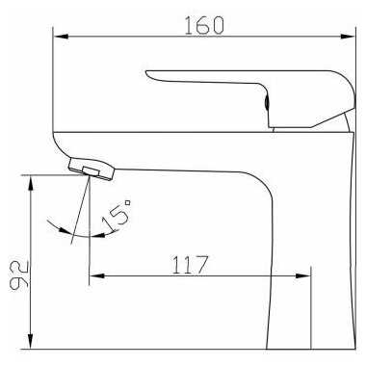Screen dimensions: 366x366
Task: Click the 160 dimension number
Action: pos(204,25)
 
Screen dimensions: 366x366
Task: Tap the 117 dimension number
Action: pos(191,265)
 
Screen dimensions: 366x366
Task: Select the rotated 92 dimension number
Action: pos(19,275)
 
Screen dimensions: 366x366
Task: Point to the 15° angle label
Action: pos(116,215)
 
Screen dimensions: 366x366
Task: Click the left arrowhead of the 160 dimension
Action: pos(61,36)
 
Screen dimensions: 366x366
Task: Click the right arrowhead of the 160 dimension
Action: pos(348,36)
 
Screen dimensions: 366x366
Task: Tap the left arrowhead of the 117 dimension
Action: pos(97,275)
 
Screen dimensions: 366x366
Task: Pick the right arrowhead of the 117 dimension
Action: pos(303,275)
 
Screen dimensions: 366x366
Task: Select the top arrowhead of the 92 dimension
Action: pos(30,183)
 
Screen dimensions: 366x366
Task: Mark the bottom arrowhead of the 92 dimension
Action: pos(30,341)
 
